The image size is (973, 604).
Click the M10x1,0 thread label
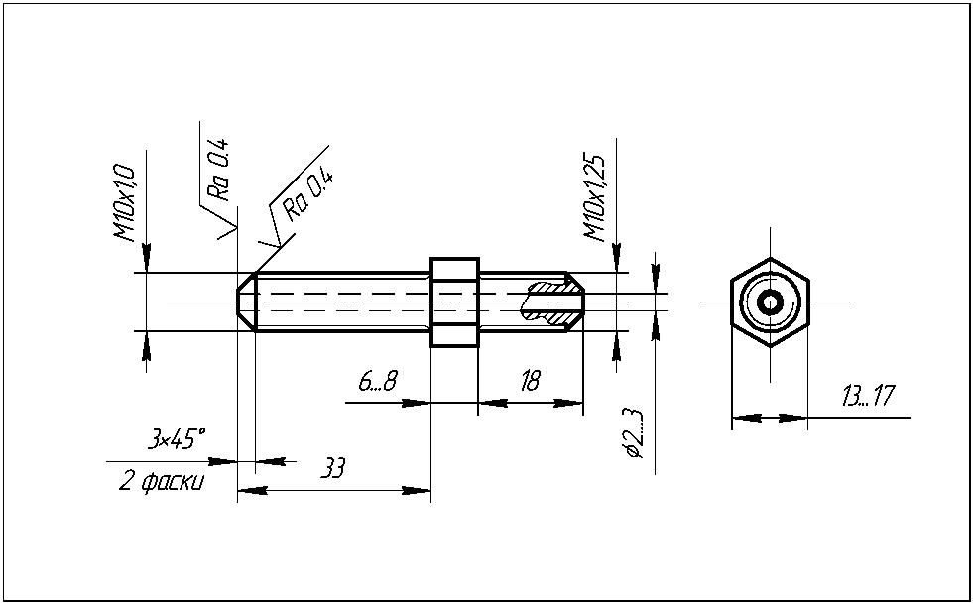(123, 203)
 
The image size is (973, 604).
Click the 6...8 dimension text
(378, 381)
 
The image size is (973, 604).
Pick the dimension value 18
(530, 381)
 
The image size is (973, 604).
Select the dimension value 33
(333, 468)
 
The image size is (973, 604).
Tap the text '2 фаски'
(163, 482)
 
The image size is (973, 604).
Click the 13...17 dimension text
(867, 397)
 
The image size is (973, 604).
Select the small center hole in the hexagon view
(770, 301)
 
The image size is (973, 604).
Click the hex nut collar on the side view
(454, 302)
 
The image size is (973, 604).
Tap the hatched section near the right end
(551, 302)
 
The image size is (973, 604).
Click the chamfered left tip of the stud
(246, 302)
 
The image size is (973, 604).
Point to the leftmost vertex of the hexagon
(732, 301)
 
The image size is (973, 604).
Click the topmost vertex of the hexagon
(770, 257)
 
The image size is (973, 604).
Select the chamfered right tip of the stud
(574, 302)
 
